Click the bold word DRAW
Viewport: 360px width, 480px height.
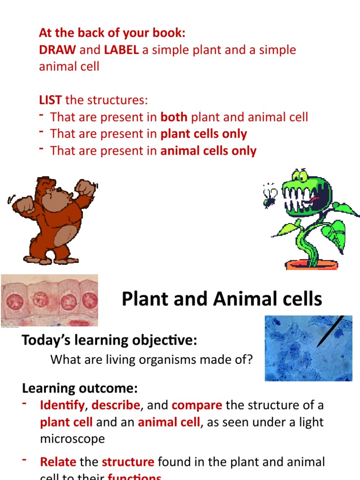[x=57, y=50]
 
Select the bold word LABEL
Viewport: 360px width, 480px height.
[x=121, y=50]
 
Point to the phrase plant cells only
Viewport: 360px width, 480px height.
[x=203, y=134]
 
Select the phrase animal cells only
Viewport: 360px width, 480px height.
[x=208, y=151]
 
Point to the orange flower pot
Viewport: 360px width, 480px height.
[x=311, y=265]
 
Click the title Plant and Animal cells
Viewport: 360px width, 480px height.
[x=222, y=299]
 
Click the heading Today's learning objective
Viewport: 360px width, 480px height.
[x=109, y=340]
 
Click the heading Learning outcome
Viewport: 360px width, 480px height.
[x=80, y=388]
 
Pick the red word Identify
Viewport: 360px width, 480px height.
[x=62, y=405]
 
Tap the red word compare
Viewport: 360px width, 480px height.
[x=197, y=405]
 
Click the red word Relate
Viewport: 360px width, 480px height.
[x=58, y=462]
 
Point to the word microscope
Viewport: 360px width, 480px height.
[x=72, y=439]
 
